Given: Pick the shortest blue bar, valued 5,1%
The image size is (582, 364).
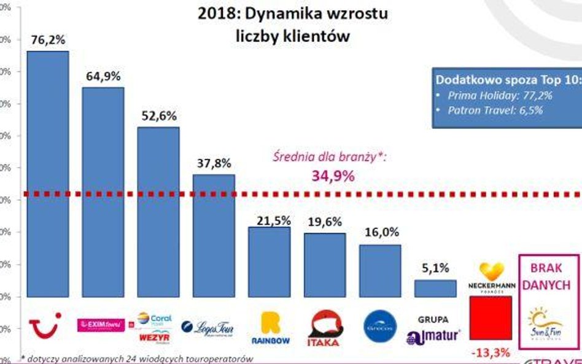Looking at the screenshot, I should [435, 288].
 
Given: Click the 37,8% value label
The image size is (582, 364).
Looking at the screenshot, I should [214, 163].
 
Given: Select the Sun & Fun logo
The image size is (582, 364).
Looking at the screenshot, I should [545, 324].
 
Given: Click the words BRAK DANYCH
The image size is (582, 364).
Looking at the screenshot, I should [546, 277].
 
